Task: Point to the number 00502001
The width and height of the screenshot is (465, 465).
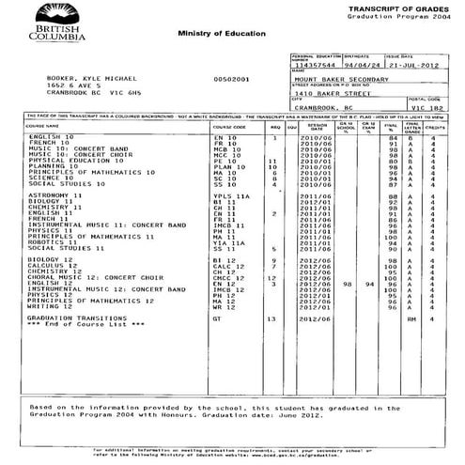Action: click(231, 78)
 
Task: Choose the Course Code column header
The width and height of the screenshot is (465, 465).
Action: click(229, 125)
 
